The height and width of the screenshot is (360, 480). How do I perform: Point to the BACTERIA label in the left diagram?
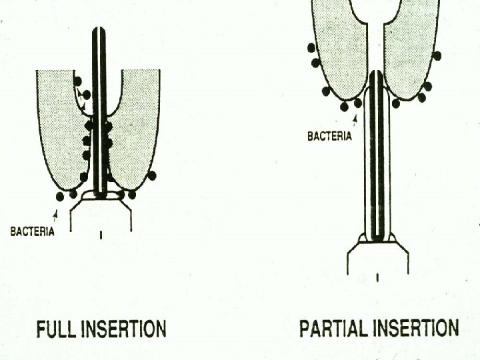tap(33, 232)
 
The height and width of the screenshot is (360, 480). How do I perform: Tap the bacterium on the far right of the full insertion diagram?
tap(152, 175)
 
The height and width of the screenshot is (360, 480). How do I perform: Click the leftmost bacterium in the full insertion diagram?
tap(61, 197)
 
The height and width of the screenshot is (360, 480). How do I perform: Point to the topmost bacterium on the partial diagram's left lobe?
tap(311, 47)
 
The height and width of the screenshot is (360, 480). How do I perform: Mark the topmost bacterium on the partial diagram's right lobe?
tap(437, 55)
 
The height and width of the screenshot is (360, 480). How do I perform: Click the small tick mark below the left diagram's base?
tap(101, 235)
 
